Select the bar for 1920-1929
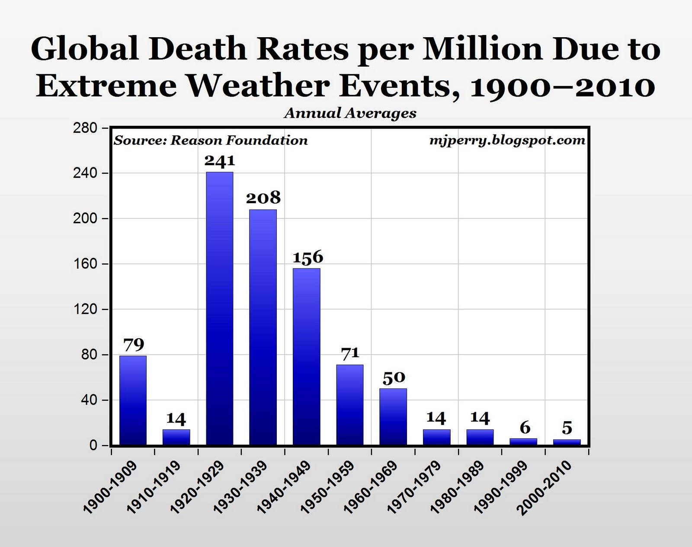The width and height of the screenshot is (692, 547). [220, 308]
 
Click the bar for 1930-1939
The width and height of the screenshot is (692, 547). [263, 327]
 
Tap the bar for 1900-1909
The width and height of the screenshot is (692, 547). [133, 400]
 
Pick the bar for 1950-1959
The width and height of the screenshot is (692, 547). [350, 405]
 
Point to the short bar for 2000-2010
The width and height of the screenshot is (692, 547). [567, 442]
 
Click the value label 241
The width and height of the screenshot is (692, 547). [220, 160]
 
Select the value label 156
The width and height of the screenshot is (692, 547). [308, 257]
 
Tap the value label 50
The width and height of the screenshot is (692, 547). [394, 377]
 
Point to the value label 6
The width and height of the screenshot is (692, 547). [525, 428]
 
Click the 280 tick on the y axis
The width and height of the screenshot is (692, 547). [87, 128]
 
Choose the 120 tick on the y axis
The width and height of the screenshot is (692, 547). [87, 310]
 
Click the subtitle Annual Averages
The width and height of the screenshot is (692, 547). [350, 113]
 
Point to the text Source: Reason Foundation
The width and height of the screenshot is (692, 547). [211, 141]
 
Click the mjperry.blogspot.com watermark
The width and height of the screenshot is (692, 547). [507, 140]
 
